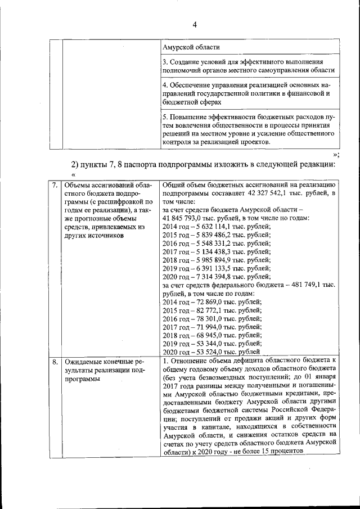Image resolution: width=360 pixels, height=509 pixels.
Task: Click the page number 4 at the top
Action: pyautogui.click(x=195, y=25)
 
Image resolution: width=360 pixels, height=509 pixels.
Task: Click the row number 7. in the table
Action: pyautogui.click(x=55, y=185)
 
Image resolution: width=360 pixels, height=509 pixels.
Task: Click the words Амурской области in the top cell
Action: pyautogui.click(x=191, y=47)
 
